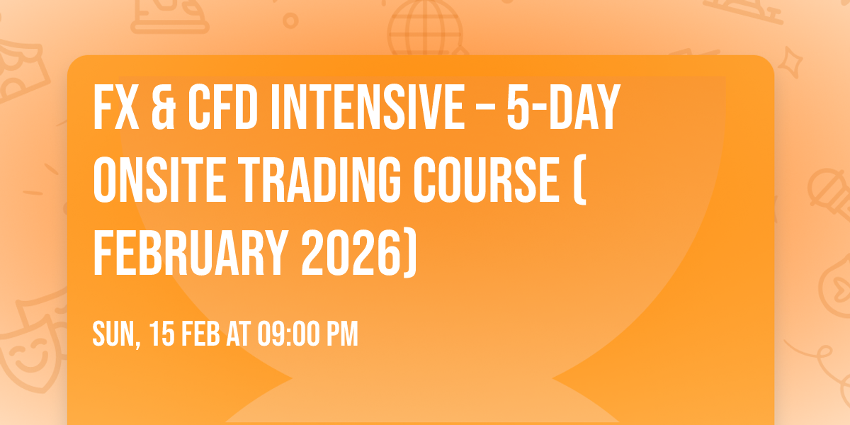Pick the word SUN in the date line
[x=113, y=334]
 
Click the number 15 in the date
[x=161, y=334]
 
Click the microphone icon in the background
[x=826, y=188]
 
